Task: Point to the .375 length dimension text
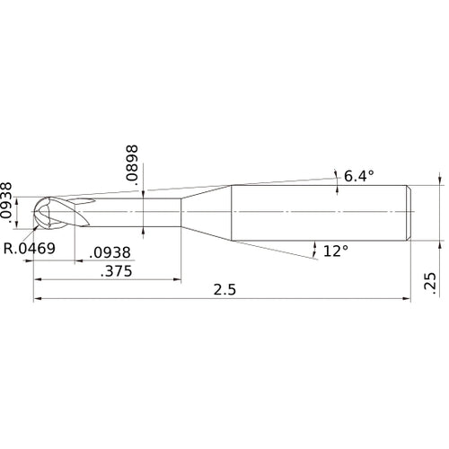coord(112,272)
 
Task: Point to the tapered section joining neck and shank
coord(207,213)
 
